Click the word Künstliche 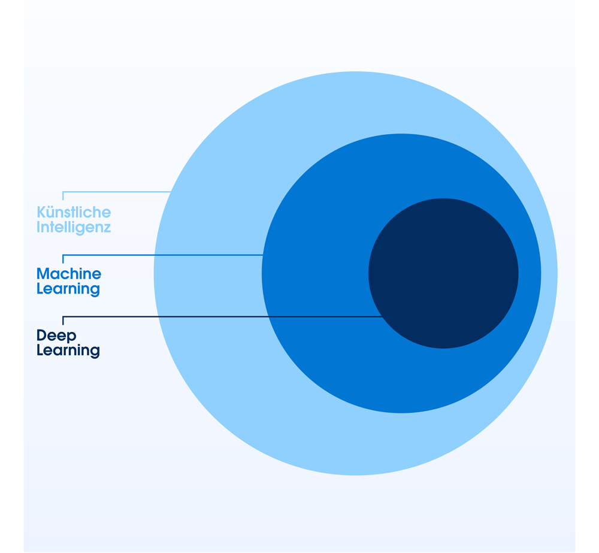tap(74, 212)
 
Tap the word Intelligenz tap(74, 228)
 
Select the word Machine tap(69, 274)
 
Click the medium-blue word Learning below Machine tap(68, 289)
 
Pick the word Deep tap(56, 336)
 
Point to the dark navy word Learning tap(68, 350)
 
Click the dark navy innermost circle tap(443, 273)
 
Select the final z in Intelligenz tap(108, 228)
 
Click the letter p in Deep tap(72, 337)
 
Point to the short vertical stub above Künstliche tap(63, 196)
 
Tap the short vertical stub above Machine tap(63, 259)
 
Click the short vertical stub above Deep tap(63, 321)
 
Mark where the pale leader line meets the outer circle tap(171, 192)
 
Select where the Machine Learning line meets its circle tap(263, 255)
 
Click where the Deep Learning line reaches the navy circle tap(382, 316)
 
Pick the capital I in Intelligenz tap(38, 228)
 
